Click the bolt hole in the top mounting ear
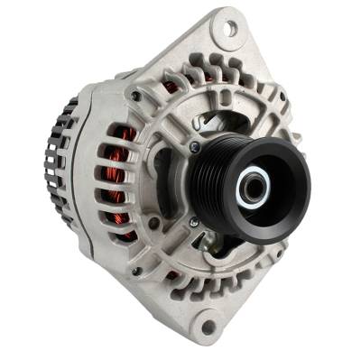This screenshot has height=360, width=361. pos(229,28)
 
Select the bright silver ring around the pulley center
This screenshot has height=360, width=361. pos(253,188)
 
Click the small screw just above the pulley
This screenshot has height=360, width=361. pos(195,147)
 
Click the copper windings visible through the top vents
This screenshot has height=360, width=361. pos(171,87)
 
